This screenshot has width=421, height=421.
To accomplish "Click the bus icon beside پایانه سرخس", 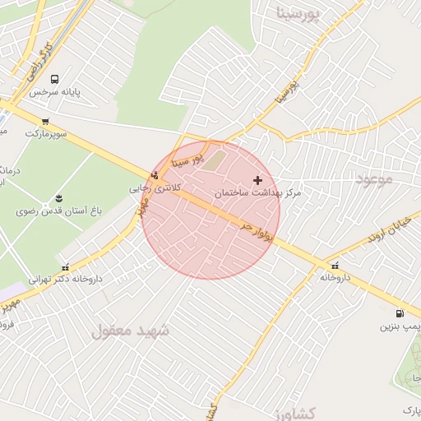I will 54,80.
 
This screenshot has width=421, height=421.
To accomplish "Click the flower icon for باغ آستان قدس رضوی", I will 58,198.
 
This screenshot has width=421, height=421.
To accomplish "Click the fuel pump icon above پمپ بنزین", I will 400,313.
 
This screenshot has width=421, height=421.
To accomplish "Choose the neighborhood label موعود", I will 375,178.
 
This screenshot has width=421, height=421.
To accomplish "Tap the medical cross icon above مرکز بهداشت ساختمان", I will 258,179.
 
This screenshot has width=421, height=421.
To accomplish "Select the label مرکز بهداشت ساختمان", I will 258,192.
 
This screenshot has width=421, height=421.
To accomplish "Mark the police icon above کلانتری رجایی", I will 155,174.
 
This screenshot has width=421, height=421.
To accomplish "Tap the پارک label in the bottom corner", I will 412,409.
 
